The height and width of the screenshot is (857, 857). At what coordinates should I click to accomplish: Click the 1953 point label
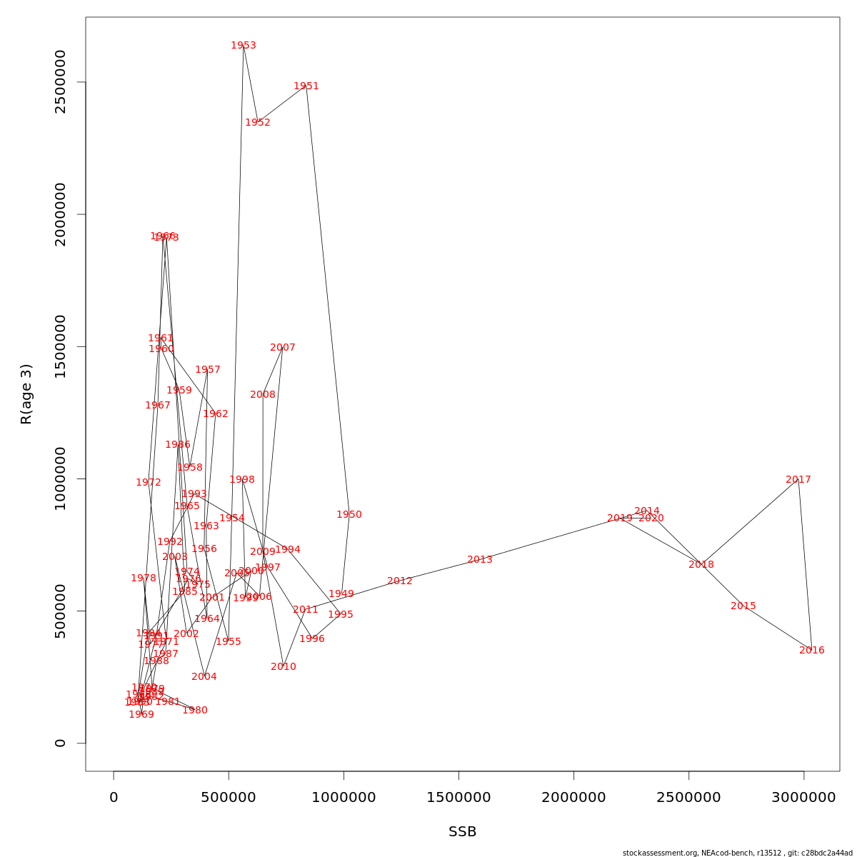point(244,46)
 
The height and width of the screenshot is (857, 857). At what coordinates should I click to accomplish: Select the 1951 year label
point(306,86)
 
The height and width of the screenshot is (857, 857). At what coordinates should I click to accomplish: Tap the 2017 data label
point(798,480)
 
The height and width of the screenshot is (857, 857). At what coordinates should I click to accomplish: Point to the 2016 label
point(812,651)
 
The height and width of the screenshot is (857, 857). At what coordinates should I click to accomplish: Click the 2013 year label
point(480,560)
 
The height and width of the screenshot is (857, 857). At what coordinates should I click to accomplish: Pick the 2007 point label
point(283,348)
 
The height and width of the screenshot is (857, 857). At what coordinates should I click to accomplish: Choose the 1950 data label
point(349,515)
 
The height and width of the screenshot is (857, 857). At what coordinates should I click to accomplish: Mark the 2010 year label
point(284,667)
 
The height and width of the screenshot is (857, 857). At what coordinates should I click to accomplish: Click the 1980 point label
point(195,711)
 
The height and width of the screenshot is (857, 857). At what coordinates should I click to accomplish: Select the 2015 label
point(743,606)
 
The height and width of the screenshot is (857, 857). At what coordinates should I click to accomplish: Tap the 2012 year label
point(400,581)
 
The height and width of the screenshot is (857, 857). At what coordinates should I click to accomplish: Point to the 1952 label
point(258,123)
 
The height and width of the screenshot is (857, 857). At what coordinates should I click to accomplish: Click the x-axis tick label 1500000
point(458,797)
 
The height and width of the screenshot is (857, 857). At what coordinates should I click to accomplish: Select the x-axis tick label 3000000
point(803,797)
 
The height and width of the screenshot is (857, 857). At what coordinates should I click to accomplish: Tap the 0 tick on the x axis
point(114,797)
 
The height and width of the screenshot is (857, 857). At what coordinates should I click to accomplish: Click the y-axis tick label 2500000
point(60,82)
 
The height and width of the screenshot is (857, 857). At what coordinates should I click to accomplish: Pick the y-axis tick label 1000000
point(60,478)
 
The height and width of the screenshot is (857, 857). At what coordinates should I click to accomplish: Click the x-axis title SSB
point(463,832)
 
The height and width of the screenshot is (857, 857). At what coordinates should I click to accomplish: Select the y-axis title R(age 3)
point(26,394)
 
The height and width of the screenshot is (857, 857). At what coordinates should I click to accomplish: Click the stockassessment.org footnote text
point(737,853)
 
